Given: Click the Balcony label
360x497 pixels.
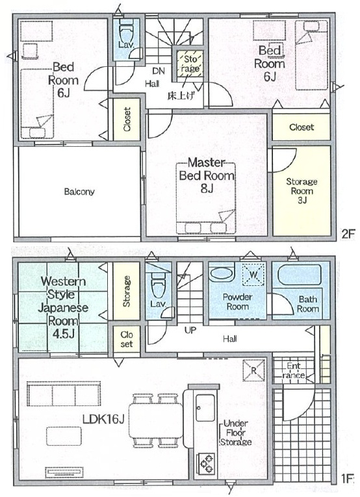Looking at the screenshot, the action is [x=79, y=192].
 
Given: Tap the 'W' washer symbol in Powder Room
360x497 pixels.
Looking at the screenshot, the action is [x=253, y=274].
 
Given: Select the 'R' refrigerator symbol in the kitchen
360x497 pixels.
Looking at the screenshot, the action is [x=254, y=370].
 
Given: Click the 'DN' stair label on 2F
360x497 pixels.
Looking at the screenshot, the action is [x=159, y=71].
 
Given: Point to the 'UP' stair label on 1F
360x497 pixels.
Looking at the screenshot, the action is [x=190, y=330].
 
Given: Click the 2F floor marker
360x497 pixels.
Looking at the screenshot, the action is [x=347, y=234].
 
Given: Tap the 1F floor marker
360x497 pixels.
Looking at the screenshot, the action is [x=347, y=479].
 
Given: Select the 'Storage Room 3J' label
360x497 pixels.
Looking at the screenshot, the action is [x=302, y=190].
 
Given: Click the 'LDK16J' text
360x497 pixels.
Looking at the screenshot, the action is [x=103, y=419].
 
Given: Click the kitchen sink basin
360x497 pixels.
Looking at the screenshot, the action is [x=206, y=407].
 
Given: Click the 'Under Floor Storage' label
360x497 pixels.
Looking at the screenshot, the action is [x=236, y=433].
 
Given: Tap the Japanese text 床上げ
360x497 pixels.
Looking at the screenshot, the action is [x=181, y=96].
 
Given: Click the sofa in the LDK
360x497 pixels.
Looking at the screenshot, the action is [x=64, y=394].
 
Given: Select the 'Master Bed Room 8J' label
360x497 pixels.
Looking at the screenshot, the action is [x=207, y=175].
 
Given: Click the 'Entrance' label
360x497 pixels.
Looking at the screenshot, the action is [x=294, y=371].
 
